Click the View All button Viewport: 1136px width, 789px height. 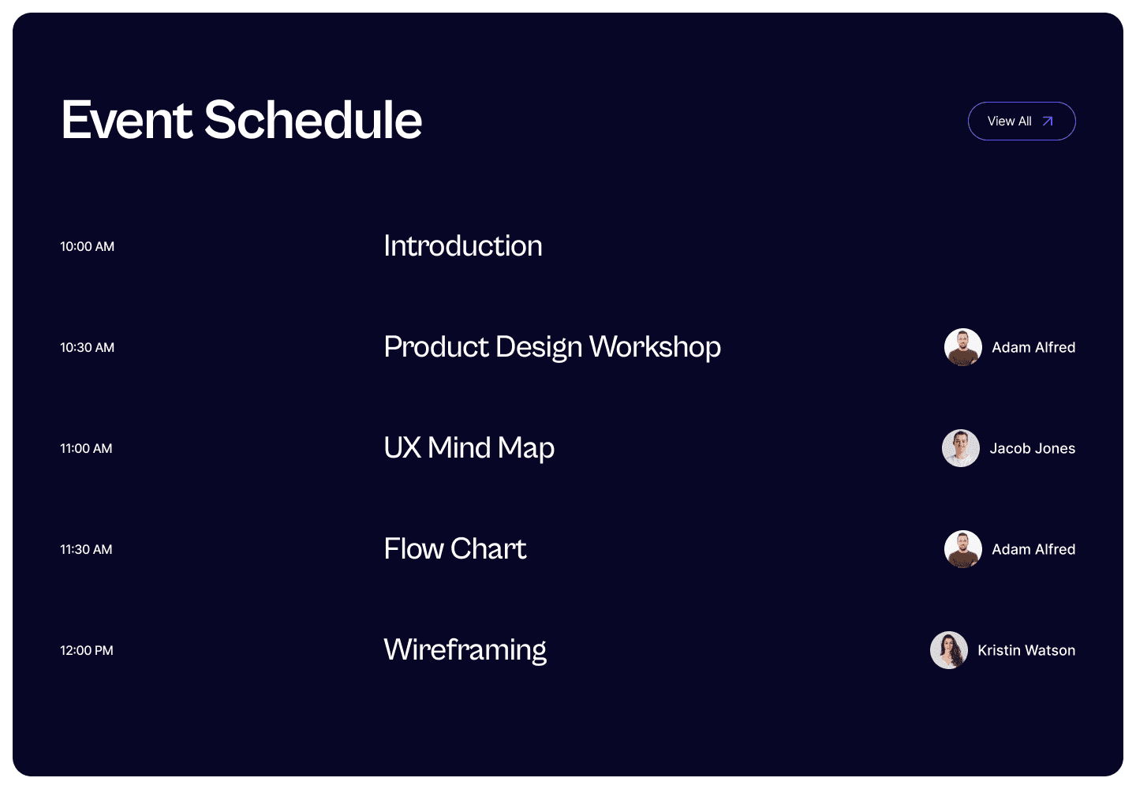click(1022, 122)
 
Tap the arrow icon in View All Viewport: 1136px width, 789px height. click(1048, 122)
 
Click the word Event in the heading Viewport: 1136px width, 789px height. click(127, 120)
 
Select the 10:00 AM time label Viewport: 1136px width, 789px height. click(88, 246)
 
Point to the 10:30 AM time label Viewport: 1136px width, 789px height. click(88, 347)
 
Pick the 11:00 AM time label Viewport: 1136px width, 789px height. click(86, 448)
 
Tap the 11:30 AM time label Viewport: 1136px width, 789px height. click(86, 549)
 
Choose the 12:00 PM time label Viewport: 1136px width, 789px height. click(87, 650)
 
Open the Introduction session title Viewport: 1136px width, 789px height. click(463, 246)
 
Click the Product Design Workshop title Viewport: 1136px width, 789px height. click(552, 347)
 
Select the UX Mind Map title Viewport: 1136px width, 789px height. click(469, 448)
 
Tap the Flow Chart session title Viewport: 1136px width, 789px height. click(455, 548)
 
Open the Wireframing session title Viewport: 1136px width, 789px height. click(465, 650)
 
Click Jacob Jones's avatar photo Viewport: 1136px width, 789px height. click(961, 448)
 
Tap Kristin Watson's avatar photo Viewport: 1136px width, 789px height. click(949, 650)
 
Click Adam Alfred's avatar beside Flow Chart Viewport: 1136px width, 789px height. click(963, 549)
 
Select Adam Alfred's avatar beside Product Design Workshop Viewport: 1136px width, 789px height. click(963, 347)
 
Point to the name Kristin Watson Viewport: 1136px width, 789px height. click(1026, 650)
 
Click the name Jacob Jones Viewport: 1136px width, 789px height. click(1033, 448)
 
